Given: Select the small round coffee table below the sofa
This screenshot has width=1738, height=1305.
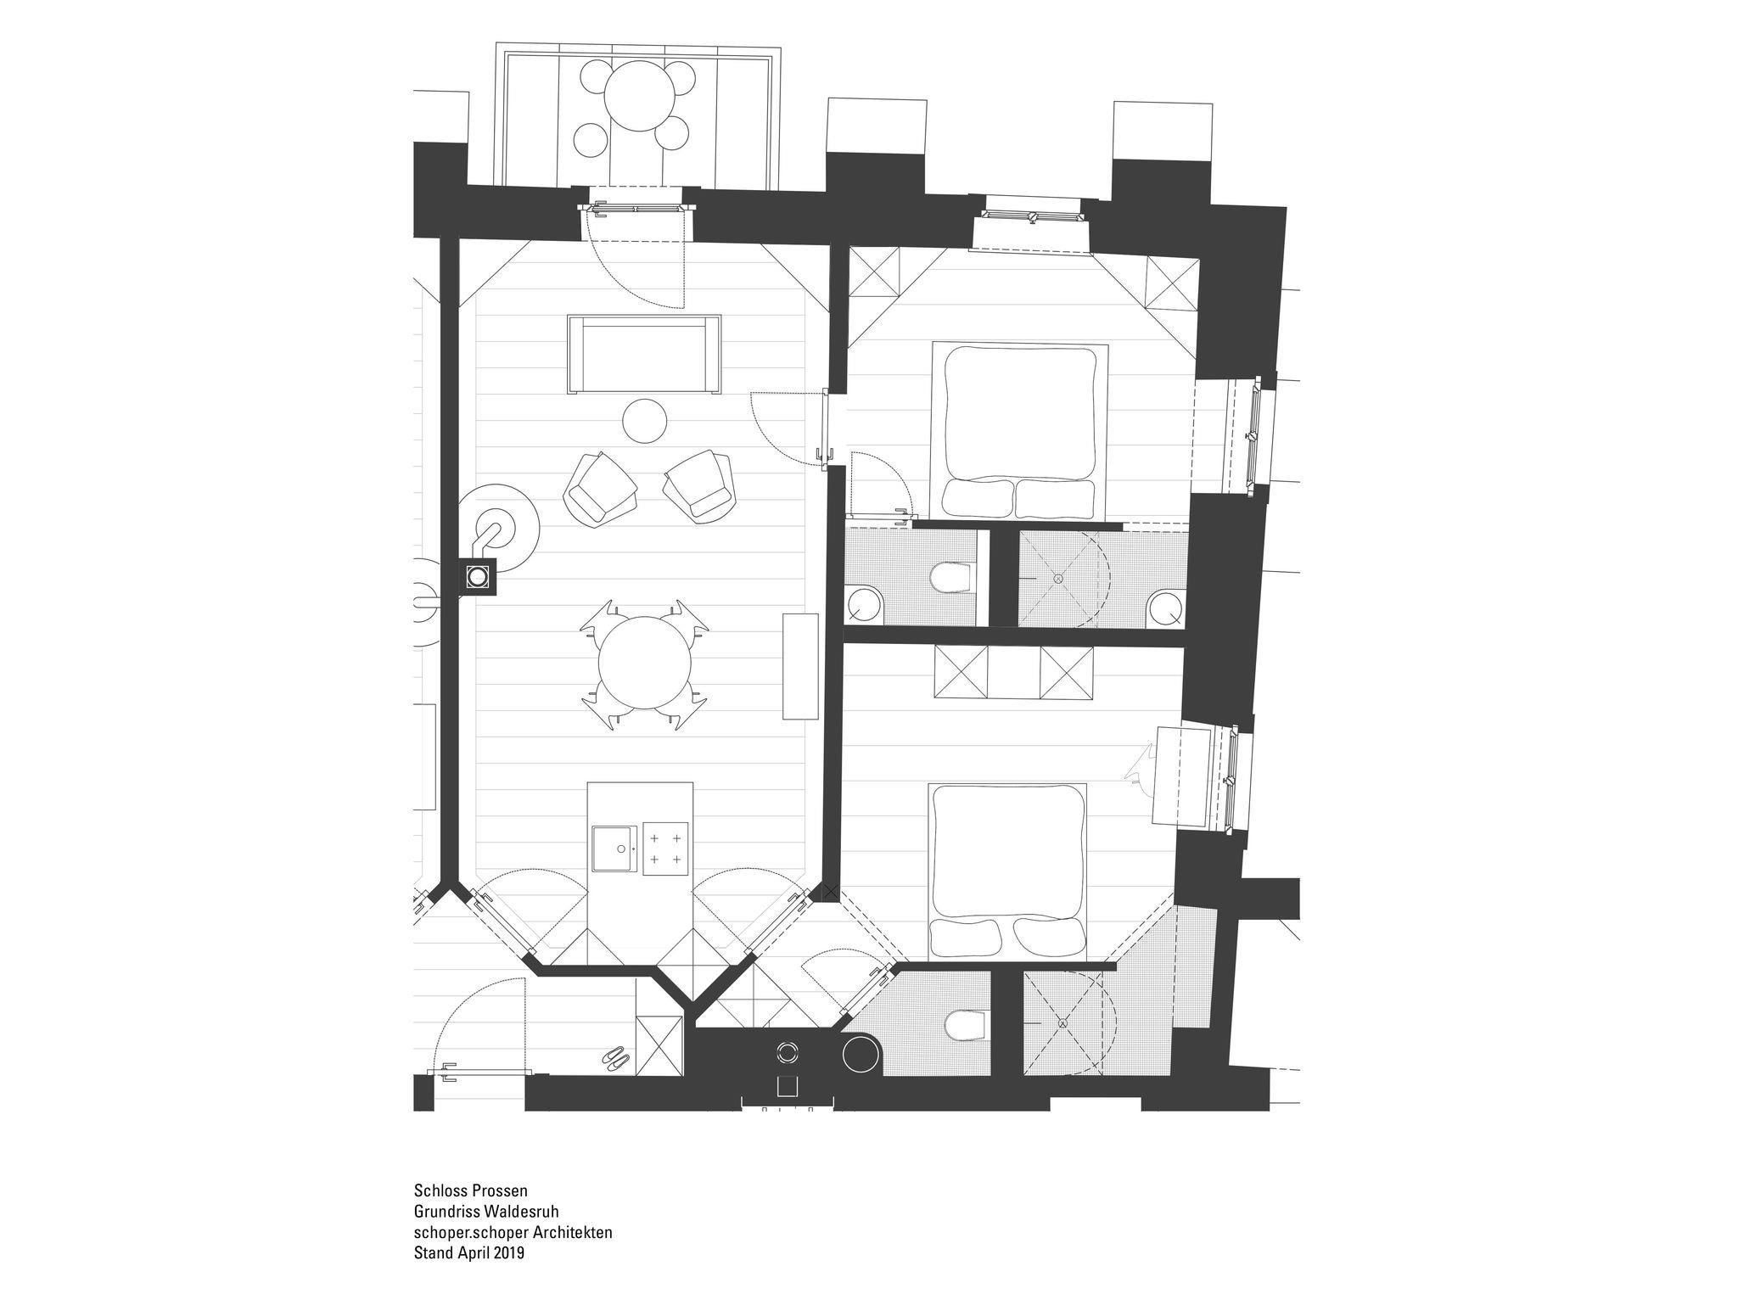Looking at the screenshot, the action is (x=644, y=420).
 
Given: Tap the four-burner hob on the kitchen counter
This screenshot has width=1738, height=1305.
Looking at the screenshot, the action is (x=665, y=848).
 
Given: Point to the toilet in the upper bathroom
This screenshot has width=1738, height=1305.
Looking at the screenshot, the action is (x=951, y=579).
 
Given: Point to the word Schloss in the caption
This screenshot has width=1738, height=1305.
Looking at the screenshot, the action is (x=435, y=1189).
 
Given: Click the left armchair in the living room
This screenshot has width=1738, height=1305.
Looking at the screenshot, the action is (x=600, y=489).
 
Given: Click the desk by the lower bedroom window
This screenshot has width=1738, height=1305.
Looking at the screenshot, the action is (x=1182, y=774).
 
